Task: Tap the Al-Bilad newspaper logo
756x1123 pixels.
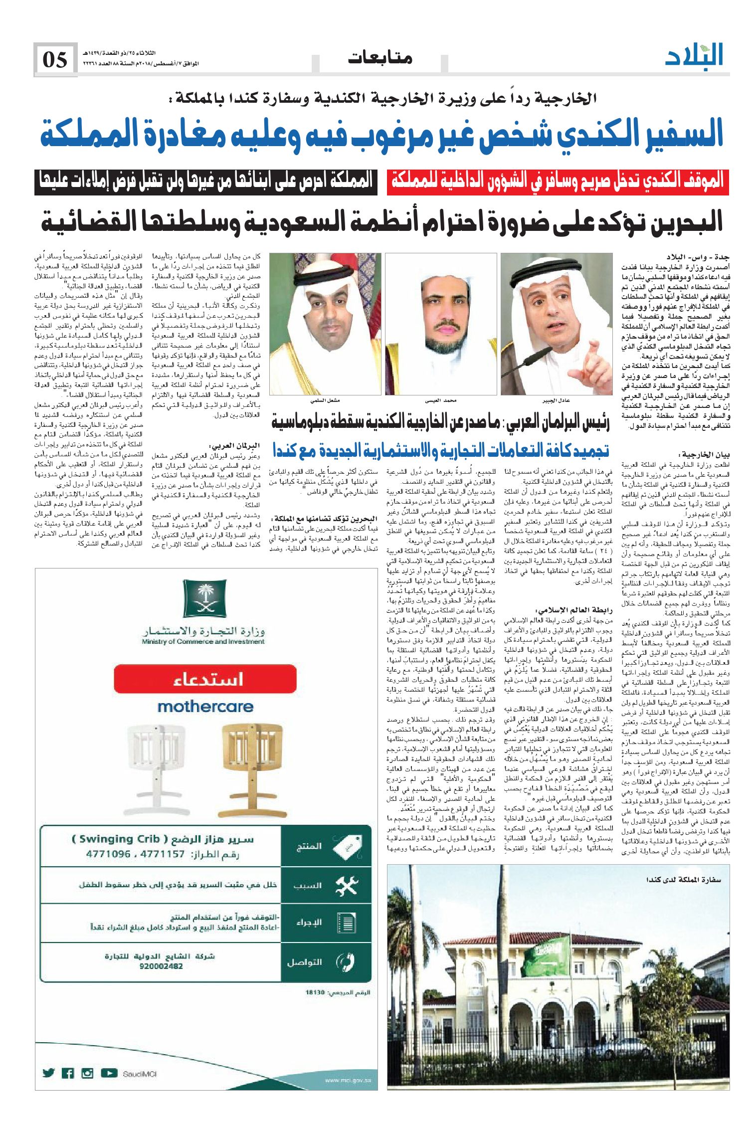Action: tap(694, 55)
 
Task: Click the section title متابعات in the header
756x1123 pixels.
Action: tap(380, 58)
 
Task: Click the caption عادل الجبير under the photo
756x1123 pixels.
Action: tap(556, 400)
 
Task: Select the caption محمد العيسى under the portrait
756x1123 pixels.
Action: tap(441, 400)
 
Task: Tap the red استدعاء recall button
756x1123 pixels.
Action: tap(205, 679)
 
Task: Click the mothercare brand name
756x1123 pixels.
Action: tap(205, 707)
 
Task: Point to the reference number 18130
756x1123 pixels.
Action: tap(315, 992)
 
